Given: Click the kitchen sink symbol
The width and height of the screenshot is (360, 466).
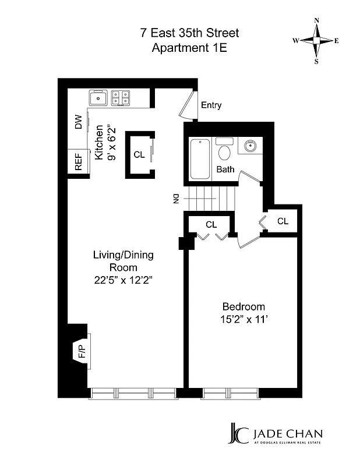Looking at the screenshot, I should (99, 97).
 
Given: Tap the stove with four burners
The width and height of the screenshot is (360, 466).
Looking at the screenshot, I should (121, 97).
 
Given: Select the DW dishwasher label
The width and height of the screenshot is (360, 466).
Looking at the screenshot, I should (78, 122).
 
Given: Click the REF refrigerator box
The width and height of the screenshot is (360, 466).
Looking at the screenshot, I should (78, 161).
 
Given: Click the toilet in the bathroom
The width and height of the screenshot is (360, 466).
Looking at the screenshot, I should (224, 152).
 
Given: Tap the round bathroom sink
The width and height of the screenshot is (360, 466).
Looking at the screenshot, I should (251, 145).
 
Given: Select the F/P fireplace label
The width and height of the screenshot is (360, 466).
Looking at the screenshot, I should (79, 351).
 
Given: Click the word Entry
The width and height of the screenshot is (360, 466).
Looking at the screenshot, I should (211, 105).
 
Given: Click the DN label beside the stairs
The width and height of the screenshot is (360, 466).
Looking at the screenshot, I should (174, 199).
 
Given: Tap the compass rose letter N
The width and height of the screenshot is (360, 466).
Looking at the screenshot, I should (317, 20).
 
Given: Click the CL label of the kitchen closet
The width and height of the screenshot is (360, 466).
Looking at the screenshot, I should (139, 155).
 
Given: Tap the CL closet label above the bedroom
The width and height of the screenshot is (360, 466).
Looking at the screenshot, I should (211, 224).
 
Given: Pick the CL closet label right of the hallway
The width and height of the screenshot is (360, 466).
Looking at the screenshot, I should (283, 221).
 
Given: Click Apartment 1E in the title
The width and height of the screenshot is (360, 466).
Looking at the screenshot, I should (189, 48).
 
